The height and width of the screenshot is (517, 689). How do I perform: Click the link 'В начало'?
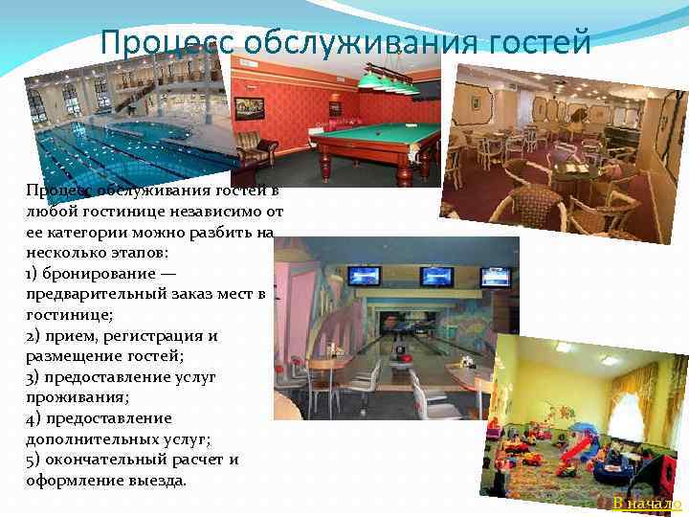647,505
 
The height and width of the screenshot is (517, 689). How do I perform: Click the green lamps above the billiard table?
387,83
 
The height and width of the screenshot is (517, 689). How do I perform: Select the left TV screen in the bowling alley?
364,277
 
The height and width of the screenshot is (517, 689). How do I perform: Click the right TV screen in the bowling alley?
496,277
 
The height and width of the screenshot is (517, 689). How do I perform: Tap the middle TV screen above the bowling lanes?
436,277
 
